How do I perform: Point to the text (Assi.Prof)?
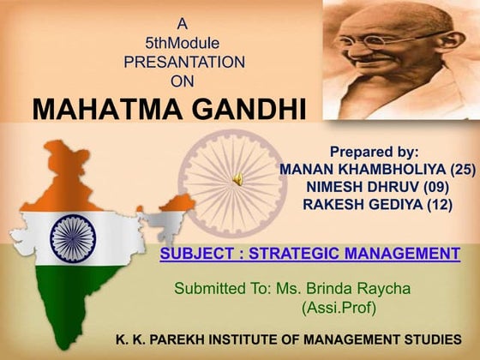coord(339,306)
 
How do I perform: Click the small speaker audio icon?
coord(238,179)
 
